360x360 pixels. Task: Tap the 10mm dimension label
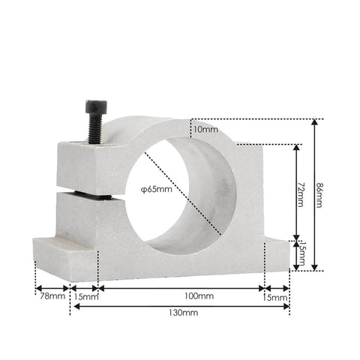tap(205, 129)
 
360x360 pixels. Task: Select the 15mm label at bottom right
tap(277, 298)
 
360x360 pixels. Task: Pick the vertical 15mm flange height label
tap(300, 253)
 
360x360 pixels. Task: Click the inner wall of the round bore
tap(217, 195)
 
